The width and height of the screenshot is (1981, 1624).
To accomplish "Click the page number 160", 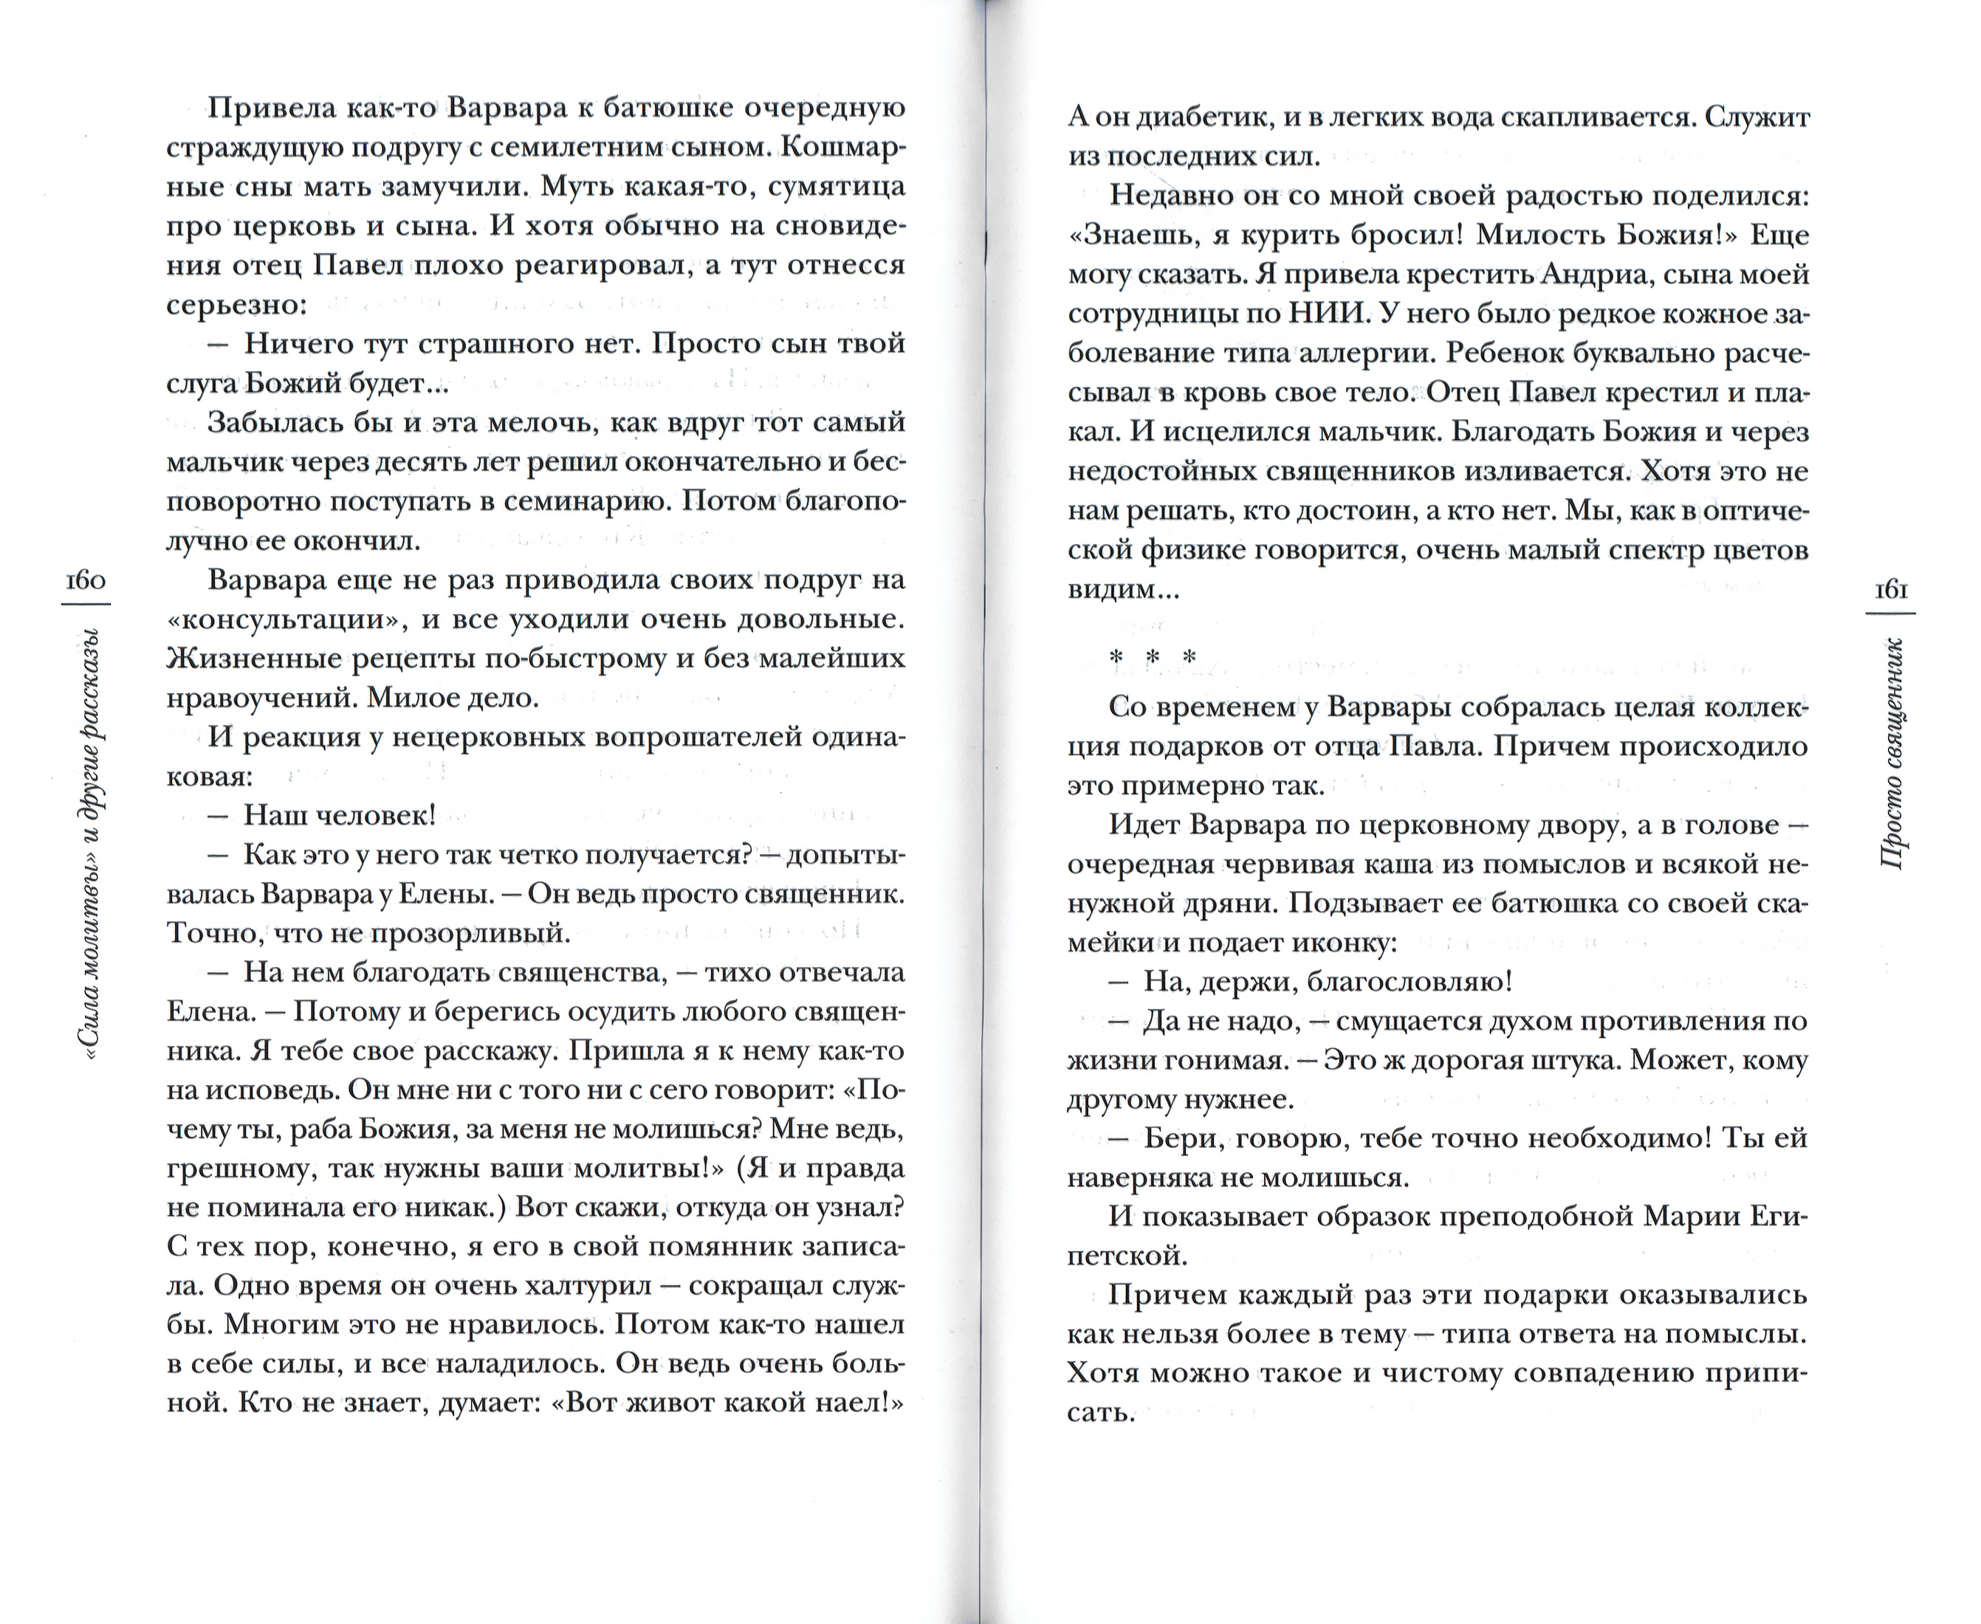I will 85,580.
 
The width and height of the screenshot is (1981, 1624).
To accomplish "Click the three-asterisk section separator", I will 1152,658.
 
